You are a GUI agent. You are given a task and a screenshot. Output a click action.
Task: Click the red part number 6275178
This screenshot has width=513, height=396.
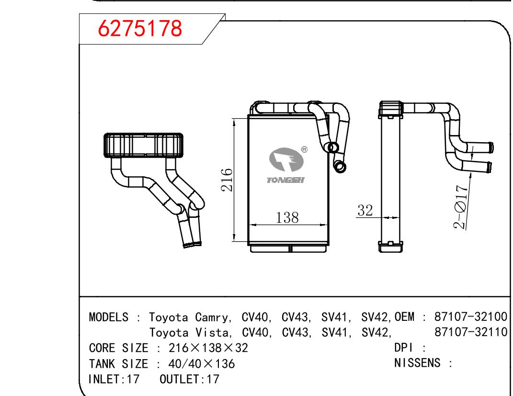click(140, 30)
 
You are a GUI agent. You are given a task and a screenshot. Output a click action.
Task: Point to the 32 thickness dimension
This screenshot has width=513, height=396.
click(365, 210)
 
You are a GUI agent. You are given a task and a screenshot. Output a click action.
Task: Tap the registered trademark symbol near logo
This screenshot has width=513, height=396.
click(304, 149)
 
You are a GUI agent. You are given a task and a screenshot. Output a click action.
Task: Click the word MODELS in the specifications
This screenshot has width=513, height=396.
click(109, 317)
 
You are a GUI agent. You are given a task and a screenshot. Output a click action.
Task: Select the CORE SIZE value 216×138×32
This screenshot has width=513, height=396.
click(208, 348)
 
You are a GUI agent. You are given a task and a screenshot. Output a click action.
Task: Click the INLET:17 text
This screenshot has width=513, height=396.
click(114, 379)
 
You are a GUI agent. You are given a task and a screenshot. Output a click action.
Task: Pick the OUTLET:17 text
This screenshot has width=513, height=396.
click(189, 379)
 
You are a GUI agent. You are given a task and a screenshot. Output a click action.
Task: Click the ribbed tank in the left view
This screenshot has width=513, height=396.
click(143, 145)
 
